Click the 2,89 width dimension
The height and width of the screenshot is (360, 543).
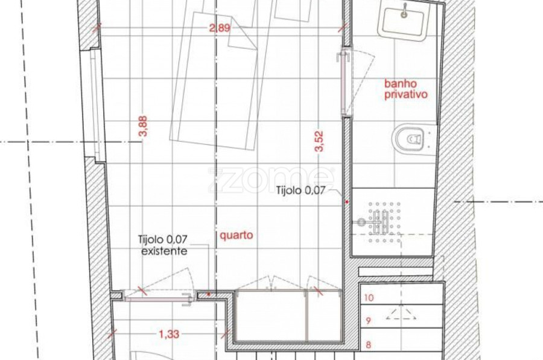tap(220, 28)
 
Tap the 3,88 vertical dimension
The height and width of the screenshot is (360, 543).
tap(143, 126)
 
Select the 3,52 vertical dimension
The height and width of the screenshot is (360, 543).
tap(319, 141)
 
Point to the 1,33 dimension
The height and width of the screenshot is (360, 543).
tap(169, 334)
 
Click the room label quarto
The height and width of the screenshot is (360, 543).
tap(237, 235)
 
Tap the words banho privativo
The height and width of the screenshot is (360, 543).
tap(406, 89)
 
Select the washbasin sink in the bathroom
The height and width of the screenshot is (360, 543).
tap(404, 20)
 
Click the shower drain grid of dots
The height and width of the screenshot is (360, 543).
tap(384, 222)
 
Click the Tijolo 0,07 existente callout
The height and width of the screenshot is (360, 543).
tap(163, 245)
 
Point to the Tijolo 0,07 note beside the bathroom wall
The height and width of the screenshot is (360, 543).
tap(300, 190)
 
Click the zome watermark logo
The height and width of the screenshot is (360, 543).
tap(271, 179)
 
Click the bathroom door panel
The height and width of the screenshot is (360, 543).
tap(343, 83)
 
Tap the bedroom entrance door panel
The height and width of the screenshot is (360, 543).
tap(155, 298)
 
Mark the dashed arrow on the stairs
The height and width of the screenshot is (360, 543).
tap(401, 314)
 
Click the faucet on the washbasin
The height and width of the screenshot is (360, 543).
tap(404, 11)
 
